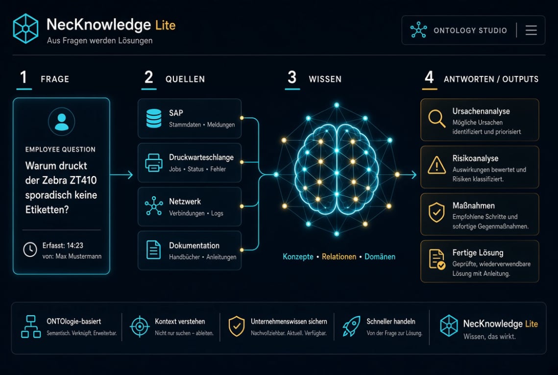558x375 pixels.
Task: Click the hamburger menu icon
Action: pos(531,30)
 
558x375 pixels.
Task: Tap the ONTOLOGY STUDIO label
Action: pos(470,30)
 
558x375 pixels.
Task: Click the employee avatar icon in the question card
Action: pos(62,122)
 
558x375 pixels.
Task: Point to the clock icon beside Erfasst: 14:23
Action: pos(30,250)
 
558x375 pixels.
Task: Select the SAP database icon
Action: pos(154,118)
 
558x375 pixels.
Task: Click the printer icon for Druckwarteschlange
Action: pos(154,163)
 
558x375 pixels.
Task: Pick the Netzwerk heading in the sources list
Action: pos(185,201)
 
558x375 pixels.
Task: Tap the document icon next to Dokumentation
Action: pos(153,250)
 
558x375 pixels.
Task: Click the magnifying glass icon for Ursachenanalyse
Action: pos(437,119)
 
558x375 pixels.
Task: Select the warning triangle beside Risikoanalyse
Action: pos(437,165)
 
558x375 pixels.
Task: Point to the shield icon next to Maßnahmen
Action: pos(437,213)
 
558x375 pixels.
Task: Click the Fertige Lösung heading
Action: pos(478,253)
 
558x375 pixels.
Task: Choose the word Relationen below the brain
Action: pos(339,257)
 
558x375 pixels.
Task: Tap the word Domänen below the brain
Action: pos(380,257)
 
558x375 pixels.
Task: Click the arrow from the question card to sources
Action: pos(121,175)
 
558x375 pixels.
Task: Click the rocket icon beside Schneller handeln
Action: pos(351,326)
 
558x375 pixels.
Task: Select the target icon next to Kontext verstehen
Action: pos(140,326)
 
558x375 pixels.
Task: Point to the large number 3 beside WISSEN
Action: pos(292,77)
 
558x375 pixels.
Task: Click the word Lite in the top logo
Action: pos(166,25)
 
